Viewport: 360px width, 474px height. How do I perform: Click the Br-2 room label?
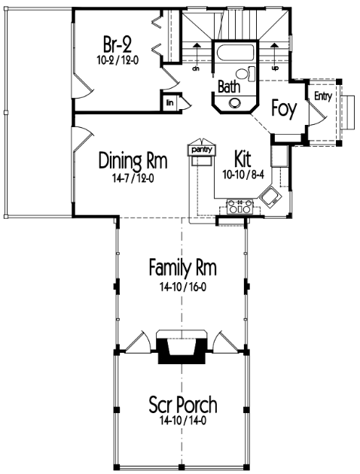(117, 44)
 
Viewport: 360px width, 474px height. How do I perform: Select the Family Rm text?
(183, 267)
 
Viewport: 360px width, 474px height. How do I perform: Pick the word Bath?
(229, 87)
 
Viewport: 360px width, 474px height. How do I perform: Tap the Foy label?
(284, 109)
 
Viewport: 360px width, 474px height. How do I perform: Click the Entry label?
(323, 96)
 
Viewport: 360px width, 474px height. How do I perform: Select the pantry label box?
(202, 150)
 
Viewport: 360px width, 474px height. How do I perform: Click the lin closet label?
(170, 103)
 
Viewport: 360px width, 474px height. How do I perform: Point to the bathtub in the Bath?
(234, 53)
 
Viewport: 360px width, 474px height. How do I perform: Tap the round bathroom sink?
(235, 103)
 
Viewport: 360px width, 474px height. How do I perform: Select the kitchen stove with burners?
(240, 207)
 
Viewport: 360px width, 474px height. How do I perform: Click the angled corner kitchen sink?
(271, 197)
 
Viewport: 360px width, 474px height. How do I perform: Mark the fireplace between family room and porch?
(182, 347)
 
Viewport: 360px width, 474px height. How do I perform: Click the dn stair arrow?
(197, 56)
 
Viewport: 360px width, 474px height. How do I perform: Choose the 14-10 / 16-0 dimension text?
(183, 287)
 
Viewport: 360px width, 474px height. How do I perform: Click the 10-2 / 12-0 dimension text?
(117, 60)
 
